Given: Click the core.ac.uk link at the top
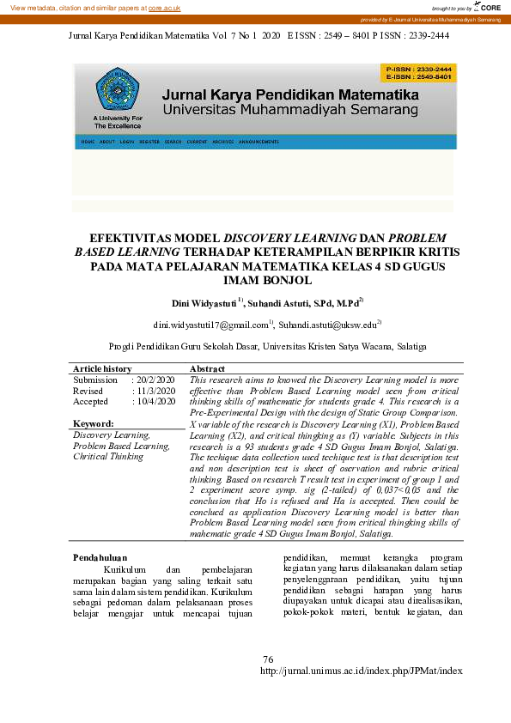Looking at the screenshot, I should (164, 7).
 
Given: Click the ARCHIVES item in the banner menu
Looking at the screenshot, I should (222, 141).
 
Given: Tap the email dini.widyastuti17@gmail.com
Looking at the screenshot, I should (211, 325).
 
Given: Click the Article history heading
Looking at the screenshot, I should (102, 368).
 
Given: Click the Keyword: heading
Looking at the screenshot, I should (93, 424).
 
